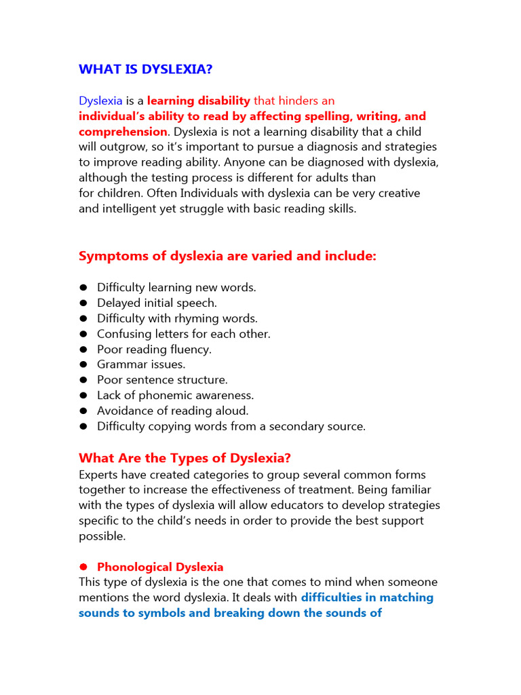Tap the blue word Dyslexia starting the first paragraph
(x=100, y=101)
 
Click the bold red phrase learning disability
(x=199, y=101)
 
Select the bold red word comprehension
(x=123, y=132)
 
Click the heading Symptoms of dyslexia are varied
(x=227, y=256)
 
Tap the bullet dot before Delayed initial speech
(x=83, y=303)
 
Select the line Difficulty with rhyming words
(x=177, y=318)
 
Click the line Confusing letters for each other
(x=183, y=334)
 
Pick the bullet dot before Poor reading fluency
(x=83, y=350)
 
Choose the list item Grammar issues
(x=140, y=364)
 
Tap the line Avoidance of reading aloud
(x=172, y=411)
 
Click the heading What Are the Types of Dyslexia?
(x=185, y=458)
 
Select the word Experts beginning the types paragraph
(x=100, y=474)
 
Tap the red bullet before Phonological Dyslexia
(x=83, y=567)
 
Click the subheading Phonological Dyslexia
(x=160, y=567)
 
